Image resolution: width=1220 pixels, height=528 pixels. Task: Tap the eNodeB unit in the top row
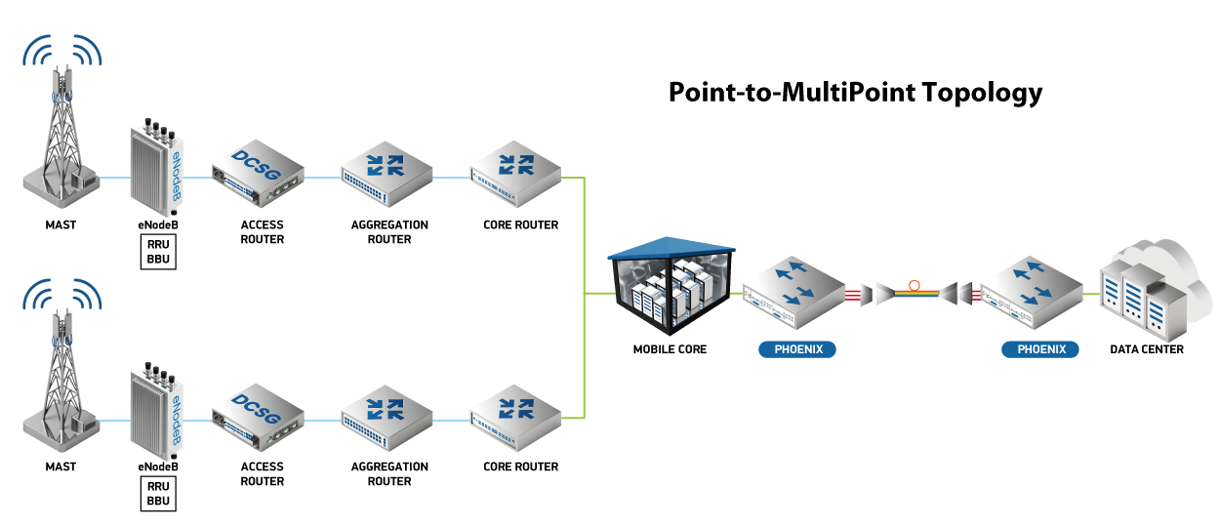click(157, 168)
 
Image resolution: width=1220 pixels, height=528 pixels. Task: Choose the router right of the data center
click(793, 290)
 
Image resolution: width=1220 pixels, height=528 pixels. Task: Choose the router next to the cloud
click(1031, 290)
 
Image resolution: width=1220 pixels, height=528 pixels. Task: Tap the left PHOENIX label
click(797, 349)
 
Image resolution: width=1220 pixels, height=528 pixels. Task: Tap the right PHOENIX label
click(1039, 349)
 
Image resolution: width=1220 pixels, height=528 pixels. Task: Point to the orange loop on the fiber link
click(915, 285)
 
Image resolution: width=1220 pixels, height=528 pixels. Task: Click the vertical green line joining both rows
click(584, 293)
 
